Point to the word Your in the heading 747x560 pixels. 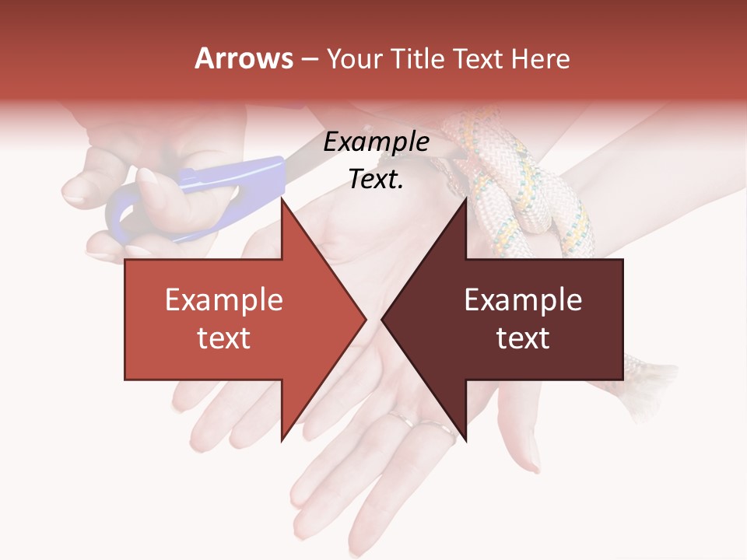point(352,59)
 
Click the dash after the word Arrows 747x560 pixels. point(309,59)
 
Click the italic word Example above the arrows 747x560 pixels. point(377,142)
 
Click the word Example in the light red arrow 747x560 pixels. point(224,299)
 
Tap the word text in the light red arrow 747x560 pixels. point(224,338)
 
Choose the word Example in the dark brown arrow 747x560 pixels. point(523,299)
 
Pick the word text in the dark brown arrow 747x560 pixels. point(523,338)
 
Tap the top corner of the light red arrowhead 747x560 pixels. point(282,198)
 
